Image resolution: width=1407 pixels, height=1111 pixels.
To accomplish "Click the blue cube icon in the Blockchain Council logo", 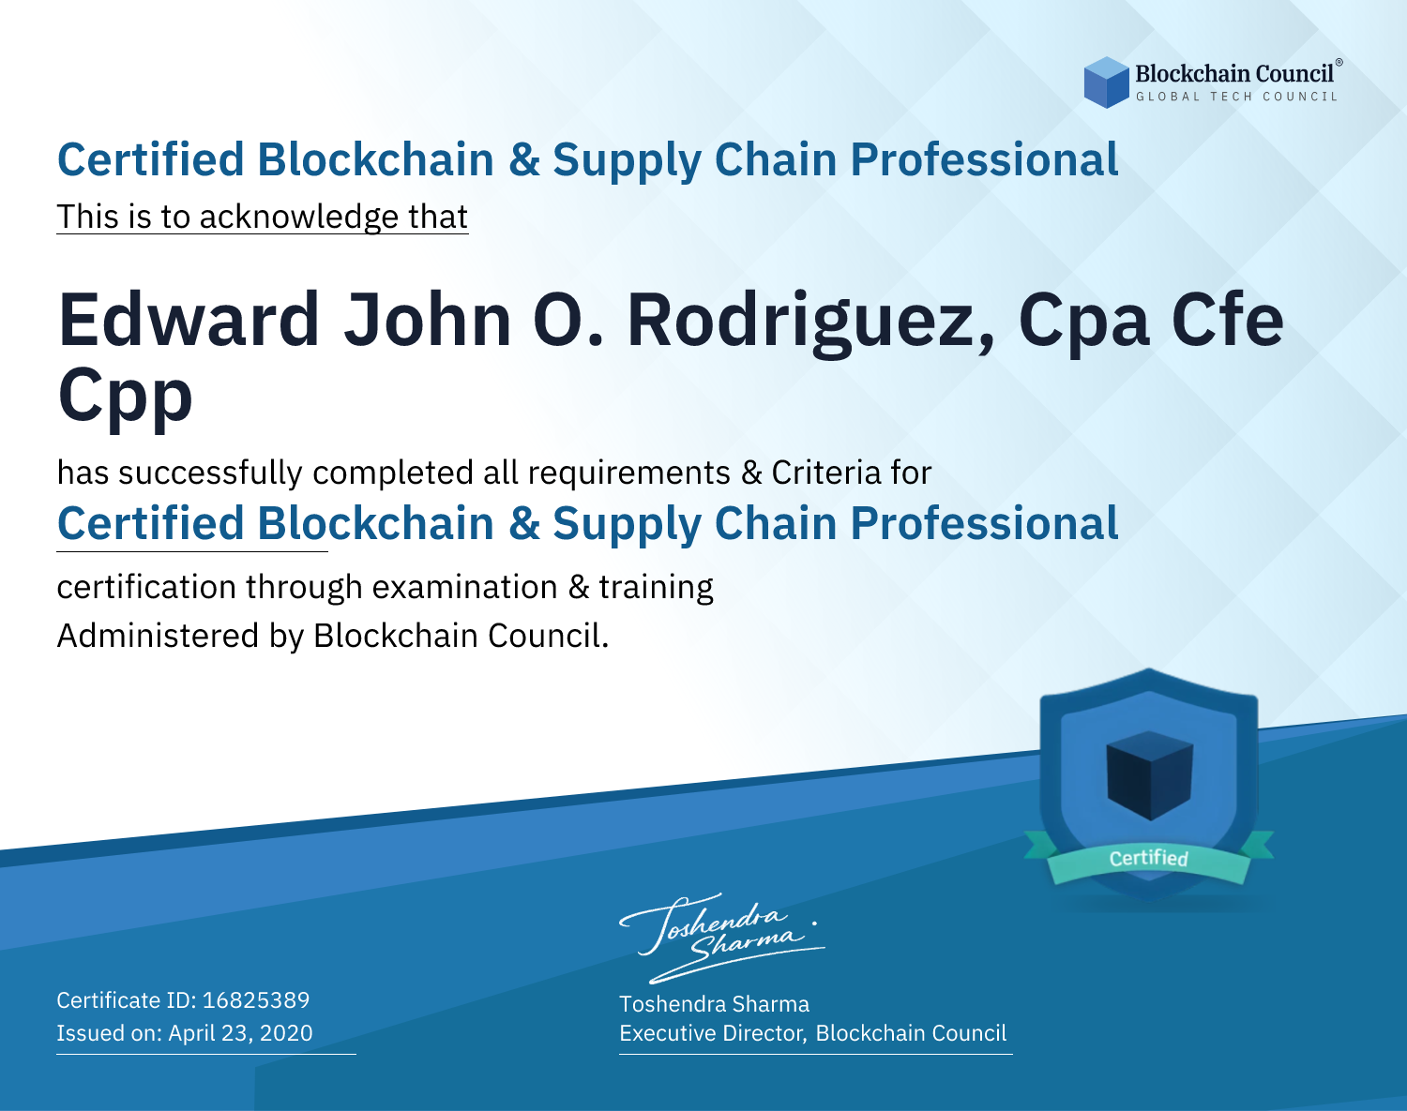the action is coord(1106,83).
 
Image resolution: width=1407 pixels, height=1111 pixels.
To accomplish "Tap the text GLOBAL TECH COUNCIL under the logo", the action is coord(1237,97).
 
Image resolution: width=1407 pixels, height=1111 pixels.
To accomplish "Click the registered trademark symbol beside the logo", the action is coord(1339,63).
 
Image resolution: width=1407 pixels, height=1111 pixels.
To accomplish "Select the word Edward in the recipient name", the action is coord(189,320).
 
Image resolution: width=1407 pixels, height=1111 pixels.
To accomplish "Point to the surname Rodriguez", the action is coord(811,324).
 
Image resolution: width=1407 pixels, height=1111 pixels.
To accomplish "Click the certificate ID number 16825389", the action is coord(256,999).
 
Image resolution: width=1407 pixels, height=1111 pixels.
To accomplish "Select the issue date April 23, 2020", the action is coord(240,1033).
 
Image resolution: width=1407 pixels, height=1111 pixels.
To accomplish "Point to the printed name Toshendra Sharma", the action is coord(714,1004).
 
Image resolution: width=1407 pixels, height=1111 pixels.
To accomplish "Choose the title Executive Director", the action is coord(711,1033).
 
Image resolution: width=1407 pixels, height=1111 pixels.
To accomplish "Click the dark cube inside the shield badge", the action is coord(1149,775).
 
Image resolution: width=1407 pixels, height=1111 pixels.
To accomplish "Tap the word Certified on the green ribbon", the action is coord(1149,858).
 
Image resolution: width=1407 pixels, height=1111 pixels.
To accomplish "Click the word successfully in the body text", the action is coord(210,473).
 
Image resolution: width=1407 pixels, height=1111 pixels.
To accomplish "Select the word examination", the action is coord(464,587).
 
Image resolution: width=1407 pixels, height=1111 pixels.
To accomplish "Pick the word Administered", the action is coord(158,636).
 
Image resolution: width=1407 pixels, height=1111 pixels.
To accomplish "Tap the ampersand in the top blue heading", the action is coord(524,160).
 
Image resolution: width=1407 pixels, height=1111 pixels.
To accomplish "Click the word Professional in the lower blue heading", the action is coord(984,524).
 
